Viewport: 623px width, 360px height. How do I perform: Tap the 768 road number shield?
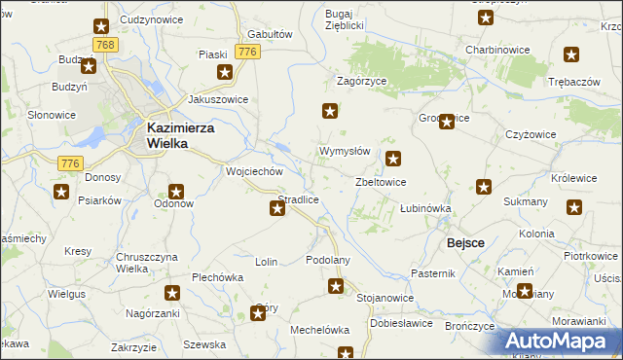point(106,46)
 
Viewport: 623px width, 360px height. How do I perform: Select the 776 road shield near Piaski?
point(247,52)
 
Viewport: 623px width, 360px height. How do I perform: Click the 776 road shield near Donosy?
point(69,162)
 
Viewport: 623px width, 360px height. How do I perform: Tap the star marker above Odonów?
point(176,192)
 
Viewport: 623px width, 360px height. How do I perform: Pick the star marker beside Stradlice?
point(276,207)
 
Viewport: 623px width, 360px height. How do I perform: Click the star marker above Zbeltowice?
point(393,159)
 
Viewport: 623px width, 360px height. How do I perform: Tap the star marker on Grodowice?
point(447,122)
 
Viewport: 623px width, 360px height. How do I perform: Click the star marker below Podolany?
point(336,286)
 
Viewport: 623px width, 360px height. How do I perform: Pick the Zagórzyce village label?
point(362,83)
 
